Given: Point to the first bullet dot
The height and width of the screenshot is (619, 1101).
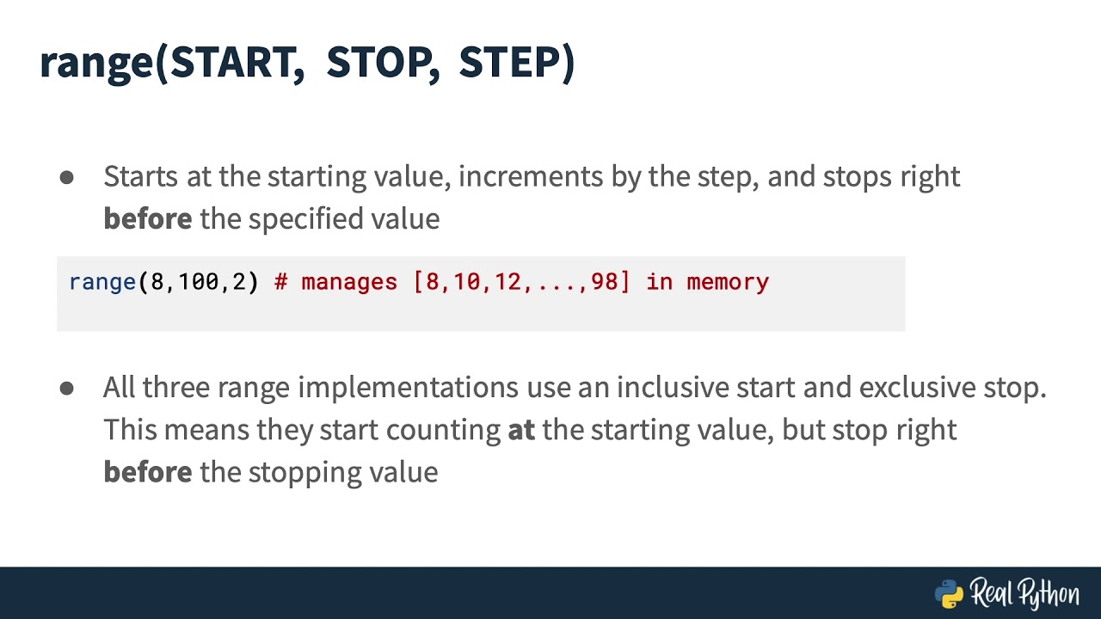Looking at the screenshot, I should click(67, 177).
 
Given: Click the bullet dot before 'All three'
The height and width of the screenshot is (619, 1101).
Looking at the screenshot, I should click(67, 389).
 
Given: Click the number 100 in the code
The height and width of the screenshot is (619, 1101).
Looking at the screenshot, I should click(199, 282).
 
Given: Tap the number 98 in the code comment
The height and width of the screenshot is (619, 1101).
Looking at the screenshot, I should click(605, 282).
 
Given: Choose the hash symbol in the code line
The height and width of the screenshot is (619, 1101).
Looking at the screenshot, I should click(280, 282).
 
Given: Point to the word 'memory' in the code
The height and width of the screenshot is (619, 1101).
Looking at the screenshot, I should click(728, 282).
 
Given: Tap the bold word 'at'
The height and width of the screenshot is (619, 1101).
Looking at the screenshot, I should click(521, 429).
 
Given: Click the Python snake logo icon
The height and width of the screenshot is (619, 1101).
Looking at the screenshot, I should click(949, 593).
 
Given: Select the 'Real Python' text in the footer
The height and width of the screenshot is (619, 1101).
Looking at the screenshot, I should click(1024, 593).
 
